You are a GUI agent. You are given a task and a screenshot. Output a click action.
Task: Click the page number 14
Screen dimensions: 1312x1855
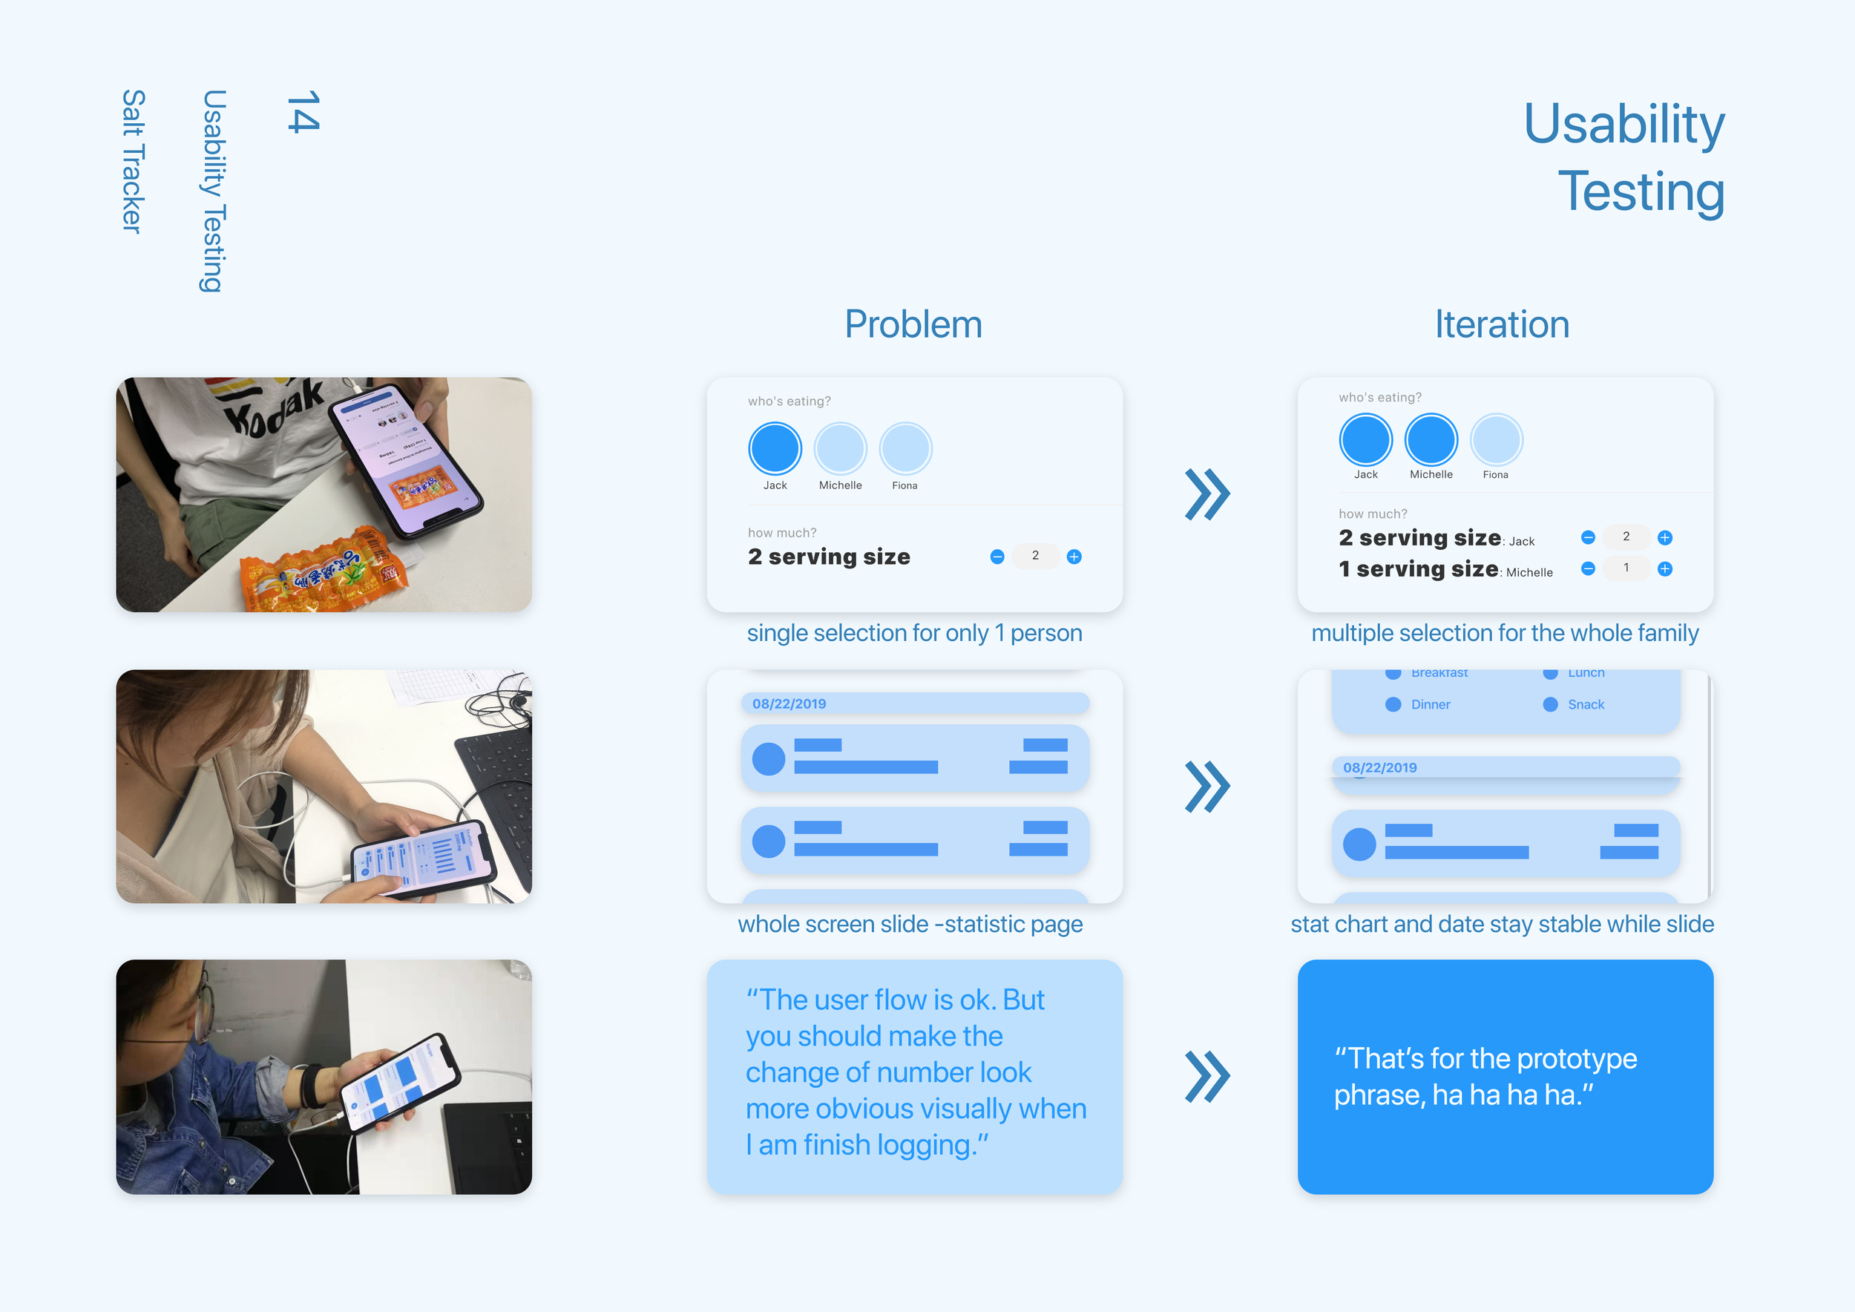303,111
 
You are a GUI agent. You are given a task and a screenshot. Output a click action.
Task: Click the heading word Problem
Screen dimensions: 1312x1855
913,325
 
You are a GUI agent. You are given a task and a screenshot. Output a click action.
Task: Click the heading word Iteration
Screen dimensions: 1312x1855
1502,325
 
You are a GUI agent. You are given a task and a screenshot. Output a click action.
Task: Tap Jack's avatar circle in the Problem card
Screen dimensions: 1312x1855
775,448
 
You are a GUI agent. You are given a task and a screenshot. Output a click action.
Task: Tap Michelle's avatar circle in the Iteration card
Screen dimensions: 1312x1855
1431,440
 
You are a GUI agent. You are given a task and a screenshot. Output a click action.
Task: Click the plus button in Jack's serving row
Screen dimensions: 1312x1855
1665,538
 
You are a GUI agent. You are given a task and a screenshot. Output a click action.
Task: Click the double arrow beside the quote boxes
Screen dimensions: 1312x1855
1207,1077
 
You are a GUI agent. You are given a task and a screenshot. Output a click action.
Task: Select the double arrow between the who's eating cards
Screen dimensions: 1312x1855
1207,494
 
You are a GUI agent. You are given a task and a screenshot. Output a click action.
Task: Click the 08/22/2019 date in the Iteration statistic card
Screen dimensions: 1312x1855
1380,767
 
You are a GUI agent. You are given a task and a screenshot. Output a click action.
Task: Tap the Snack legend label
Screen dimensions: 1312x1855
1585,704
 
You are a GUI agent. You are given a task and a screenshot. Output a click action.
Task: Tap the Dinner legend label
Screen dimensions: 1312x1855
1430,704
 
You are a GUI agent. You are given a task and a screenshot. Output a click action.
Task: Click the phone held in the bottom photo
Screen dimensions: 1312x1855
400,1083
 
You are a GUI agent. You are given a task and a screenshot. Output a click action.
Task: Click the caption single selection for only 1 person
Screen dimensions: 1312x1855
913,634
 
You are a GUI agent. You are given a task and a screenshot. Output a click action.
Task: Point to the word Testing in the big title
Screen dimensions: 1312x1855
1640,192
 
